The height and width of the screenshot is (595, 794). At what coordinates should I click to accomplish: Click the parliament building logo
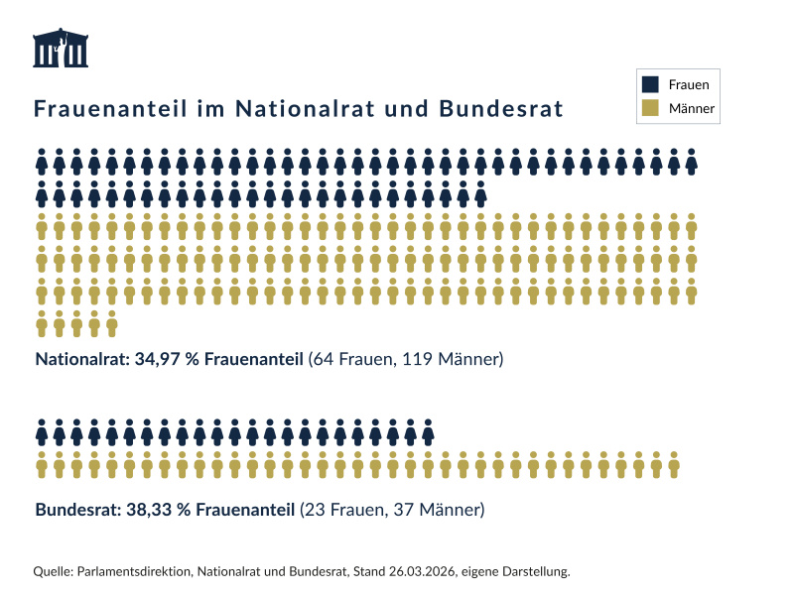coord(61,49)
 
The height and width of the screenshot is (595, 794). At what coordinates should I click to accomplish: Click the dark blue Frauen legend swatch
coord(650,85)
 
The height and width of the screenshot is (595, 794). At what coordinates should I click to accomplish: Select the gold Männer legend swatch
coord(650,108)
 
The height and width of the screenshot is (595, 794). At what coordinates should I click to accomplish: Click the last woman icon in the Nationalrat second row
coord(480,193)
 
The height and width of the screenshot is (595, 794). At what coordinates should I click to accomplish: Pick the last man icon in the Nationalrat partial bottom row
coord(111,323)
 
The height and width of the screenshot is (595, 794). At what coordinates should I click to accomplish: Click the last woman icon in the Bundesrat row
coord(428,432)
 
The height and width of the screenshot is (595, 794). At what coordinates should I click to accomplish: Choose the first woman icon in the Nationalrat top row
coord(42,161)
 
